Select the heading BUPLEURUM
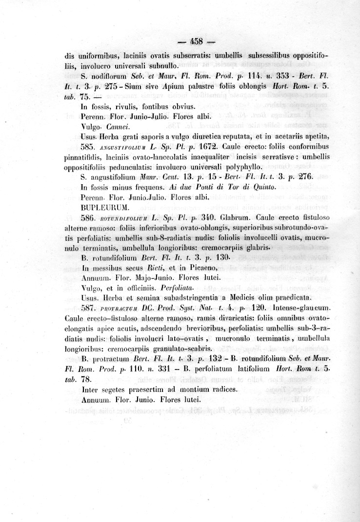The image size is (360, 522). click(102, 207)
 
